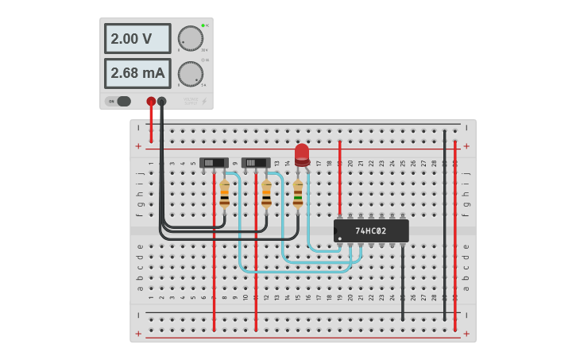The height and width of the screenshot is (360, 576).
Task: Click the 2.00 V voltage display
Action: click(x=137, y=38)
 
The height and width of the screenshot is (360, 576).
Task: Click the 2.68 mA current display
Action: click(x=137, y=73)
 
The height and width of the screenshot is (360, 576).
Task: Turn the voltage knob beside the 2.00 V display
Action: click(x=190, y=37)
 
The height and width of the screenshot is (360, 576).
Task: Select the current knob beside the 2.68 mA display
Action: click(x=190, y=73)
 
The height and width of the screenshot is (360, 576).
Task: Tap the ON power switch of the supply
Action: click(x=119, y=101)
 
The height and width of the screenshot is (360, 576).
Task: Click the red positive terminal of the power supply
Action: click(x=151, y=101)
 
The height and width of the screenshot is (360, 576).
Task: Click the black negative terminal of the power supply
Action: click(x=162, y=101)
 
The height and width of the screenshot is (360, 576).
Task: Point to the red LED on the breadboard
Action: click(x=302, y=153)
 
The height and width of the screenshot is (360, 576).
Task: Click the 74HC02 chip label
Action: click(x=371, y=231)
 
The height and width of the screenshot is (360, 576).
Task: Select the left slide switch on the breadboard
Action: click(x=214, y=163)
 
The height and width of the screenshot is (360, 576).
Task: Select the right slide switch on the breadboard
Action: click(x=256, y=163)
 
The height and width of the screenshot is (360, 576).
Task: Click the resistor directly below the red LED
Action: click(x=298, y=194)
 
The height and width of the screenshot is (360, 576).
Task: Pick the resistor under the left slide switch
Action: click(x=224, y=194)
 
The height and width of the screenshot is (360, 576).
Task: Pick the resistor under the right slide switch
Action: click(x=266, y=194)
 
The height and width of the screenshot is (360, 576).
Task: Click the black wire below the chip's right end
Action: click(x=402, y=282)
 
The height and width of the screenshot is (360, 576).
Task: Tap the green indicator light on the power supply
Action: click(x=203, y=25)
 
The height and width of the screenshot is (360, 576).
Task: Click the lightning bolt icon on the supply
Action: click(x=203, y=101)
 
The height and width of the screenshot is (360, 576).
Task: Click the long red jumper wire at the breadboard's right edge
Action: click(x=455, y=238)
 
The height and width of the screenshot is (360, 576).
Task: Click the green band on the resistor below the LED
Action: click(x=298, y=199)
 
